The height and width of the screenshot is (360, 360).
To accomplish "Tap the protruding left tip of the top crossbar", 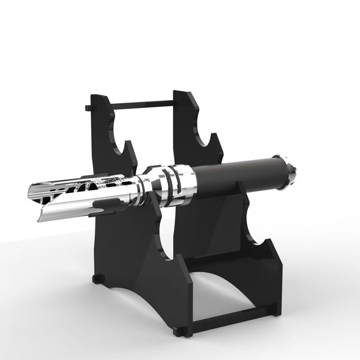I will pos(88,108).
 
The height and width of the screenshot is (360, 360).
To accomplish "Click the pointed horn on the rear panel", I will pos(215,142).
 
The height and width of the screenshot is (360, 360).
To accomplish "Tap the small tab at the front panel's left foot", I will pos(98,279).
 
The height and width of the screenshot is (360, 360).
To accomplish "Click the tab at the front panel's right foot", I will pos(179,331).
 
